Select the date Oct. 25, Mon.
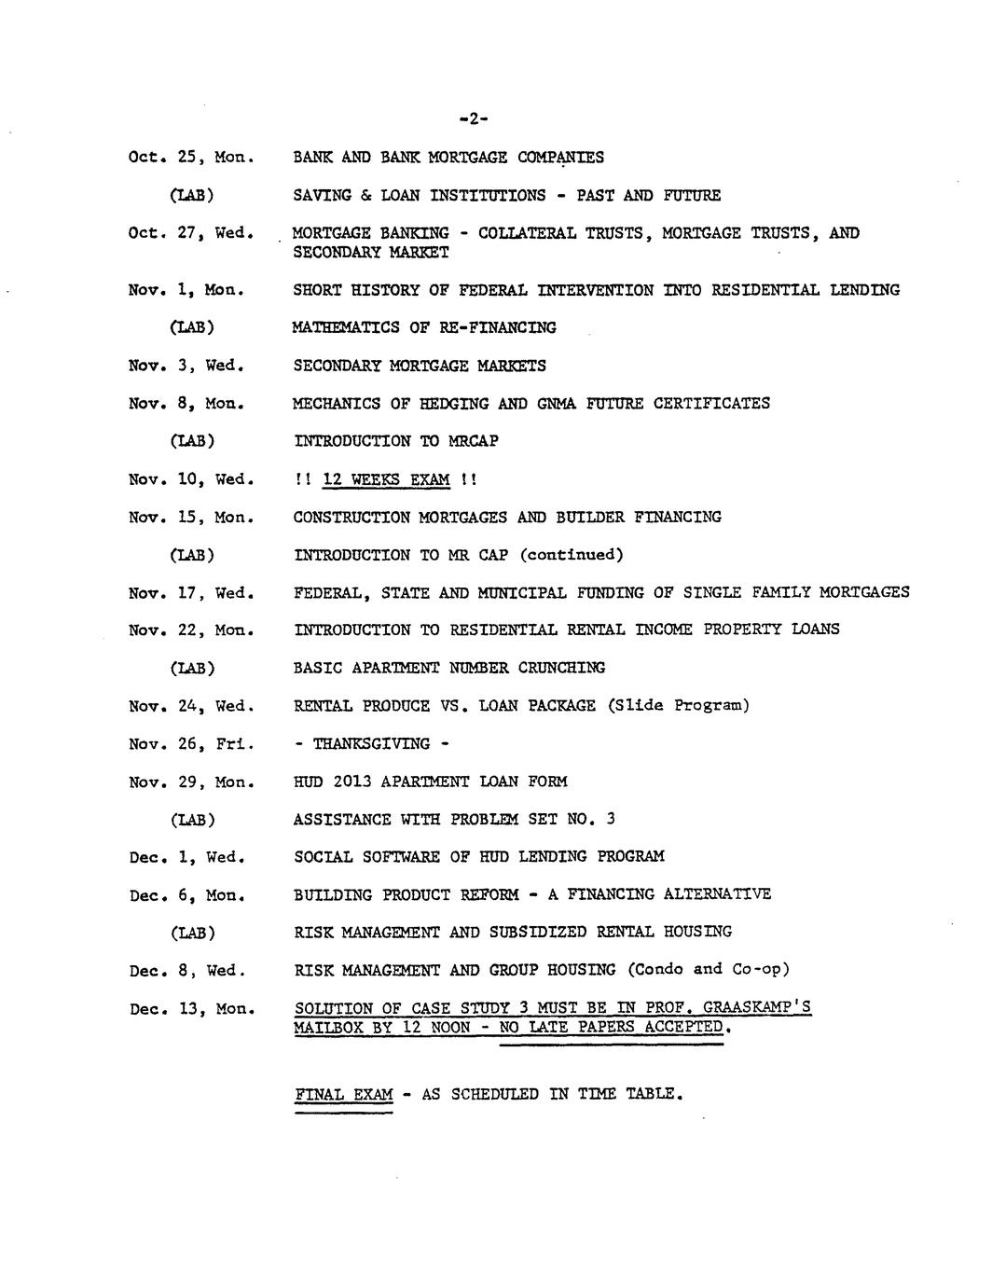pyautogui.click(x=191, y=157)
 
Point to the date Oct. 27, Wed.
pyautogui.click(x=191, y=233)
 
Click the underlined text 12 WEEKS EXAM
pyautogui.click(x=386, y=479)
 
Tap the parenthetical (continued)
pyautogui.click(x=571, y=555)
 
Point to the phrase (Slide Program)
pyautogui.click(x=678, y=705)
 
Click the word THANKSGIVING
pyautogui.click(x=371, y=743)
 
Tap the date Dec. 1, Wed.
pyautogui.click(x=186, y=857)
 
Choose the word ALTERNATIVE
pyautogui.click(x=717, y=894)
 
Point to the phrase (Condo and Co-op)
pyautogui.click(x=709, y=970)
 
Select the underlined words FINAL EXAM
pyautogui.click(x=343, y=1094)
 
